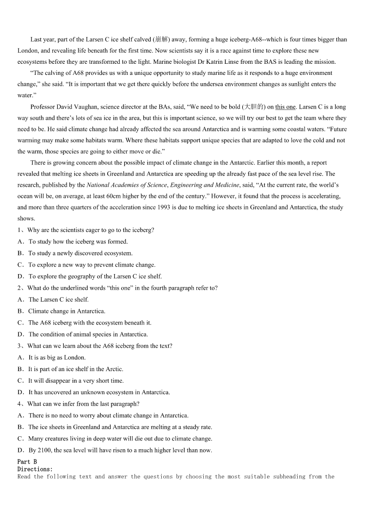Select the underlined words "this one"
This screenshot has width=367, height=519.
coord(285,107)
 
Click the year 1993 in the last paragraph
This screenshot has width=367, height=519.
coord(177,208)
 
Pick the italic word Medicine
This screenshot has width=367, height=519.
coord(225,185)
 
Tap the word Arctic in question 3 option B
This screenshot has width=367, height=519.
coord(114,369)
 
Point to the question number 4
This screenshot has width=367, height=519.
coord(19,404)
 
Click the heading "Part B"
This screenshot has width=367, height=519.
coord(27,462)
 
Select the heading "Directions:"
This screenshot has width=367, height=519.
coord(35,469)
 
